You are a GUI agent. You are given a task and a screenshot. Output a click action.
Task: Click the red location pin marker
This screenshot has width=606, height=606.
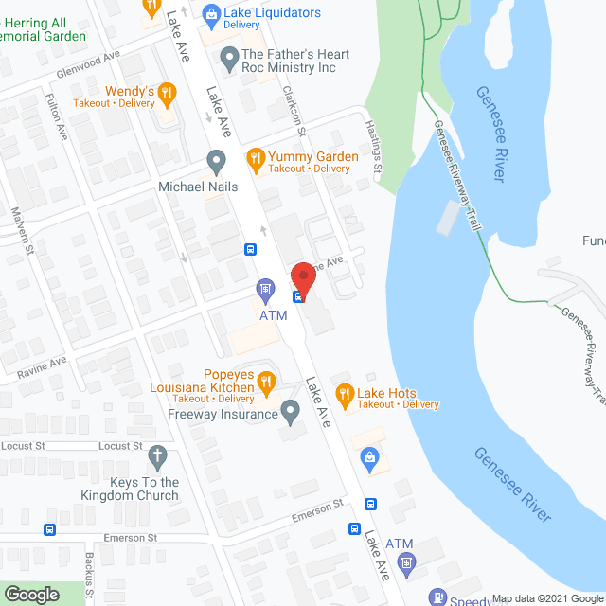(x=303, y=276)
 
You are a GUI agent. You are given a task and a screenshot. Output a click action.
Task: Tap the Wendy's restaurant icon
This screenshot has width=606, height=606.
(x=167, y=92)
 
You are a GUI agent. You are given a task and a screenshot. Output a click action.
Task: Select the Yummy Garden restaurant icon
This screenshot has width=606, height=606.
(x=254, y=157)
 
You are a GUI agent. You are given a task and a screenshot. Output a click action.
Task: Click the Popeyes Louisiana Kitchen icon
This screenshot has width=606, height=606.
(x=266, y=383)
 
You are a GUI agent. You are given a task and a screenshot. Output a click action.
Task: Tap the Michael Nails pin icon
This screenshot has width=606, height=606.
(x=217, y=159)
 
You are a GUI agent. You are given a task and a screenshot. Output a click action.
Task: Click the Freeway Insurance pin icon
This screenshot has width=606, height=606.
(x=291, y=411)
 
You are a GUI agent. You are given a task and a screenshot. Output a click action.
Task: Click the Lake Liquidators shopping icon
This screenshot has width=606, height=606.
(x=211, y=12)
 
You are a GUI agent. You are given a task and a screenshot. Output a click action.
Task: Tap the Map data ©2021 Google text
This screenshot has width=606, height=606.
(x=546, y=598)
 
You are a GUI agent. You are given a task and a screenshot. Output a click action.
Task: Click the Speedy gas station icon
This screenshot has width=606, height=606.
(x=437, y=597)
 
